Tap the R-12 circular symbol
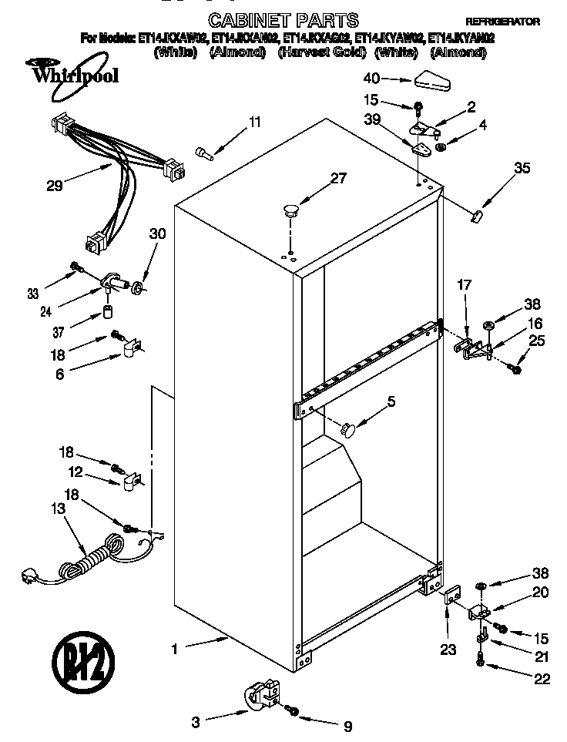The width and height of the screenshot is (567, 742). click(82, 663)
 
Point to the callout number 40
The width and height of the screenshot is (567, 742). click(371, 79)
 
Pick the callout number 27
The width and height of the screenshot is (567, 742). click(338, 179)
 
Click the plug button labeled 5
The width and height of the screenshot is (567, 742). click(349, 428)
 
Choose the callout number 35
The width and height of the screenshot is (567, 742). click(522, 169)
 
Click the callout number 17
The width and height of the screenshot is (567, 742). click(464, 285)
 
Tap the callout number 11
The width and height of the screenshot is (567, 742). click(254, 123)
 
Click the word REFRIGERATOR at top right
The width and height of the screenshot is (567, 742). click(502, 22)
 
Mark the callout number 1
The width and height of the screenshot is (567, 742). click(174, 650)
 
